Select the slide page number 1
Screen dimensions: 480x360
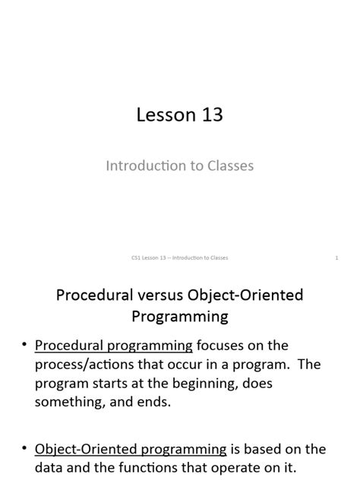pyautogui.click(x=336, y=258)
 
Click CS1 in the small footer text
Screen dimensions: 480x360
pyautogui.click(x=137, y=258)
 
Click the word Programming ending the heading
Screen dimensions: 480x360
pyautogui.click(x=180, y=314)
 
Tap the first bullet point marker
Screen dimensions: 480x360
pyautogui.click(x=23, y=346)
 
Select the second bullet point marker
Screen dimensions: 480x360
pyautogui.click(x=23, y=450)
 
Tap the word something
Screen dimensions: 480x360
pyautogui.click(x=68, y=403)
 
